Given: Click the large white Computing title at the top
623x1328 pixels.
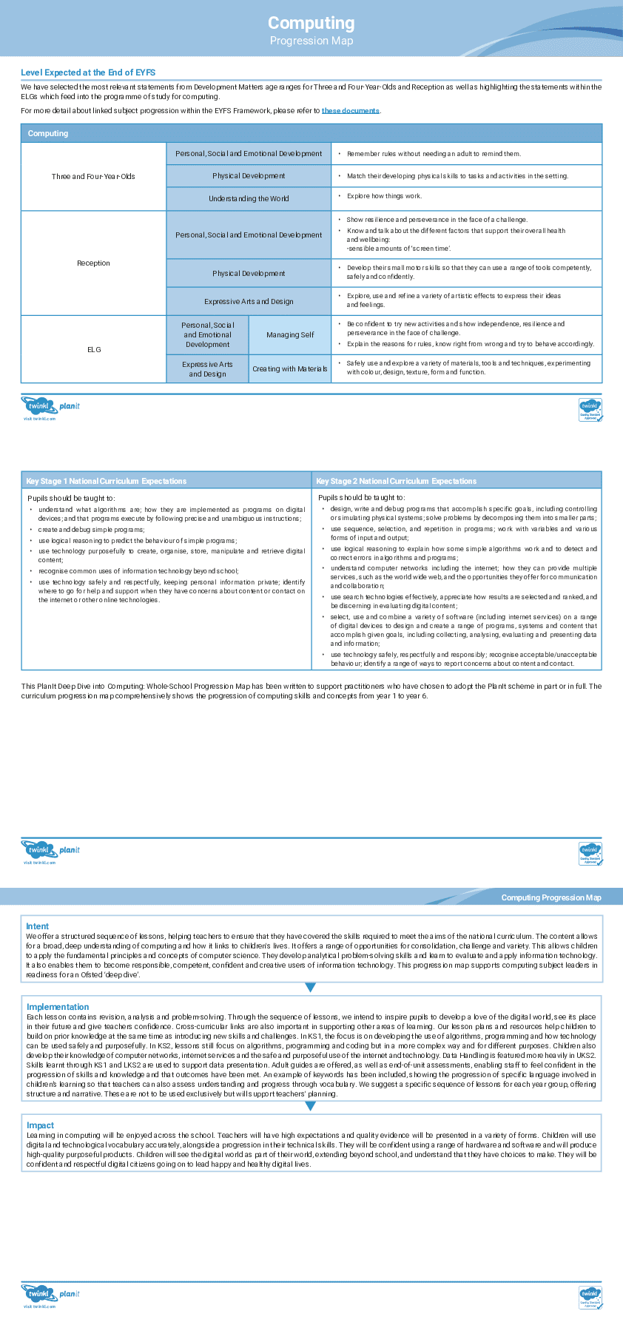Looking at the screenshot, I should pos(311,23).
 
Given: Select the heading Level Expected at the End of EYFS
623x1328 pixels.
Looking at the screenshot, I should pos(88,73).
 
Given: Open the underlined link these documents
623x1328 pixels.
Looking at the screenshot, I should pos(350,111).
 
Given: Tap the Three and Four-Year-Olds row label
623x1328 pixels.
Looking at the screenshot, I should pos(93,176).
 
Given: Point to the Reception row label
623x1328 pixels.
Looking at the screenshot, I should pos(93,263).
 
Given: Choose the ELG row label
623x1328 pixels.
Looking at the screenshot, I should pos(94,349).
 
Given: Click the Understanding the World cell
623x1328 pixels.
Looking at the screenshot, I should pos(249,198).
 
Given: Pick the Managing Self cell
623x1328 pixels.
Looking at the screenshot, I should pos(290,334).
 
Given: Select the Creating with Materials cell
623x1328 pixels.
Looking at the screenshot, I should pos(289,368).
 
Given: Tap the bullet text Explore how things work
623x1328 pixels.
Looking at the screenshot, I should pos(384,196).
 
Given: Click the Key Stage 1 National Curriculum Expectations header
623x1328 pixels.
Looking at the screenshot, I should pos(107,481).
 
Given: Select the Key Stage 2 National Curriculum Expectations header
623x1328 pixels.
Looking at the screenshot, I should pos(397,481).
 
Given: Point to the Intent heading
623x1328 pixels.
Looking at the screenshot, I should pos(37,926).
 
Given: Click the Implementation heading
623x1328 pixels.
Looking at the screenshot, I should pos(58,1007).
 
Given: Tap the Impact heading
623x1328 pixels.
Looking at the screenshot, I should pos(40,1125).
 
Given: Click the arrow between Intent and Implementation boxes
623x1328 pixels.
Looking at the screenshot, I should pos(311,987).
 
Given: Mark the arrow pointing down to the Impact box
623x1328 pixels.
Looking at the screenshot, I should pos(311,1106).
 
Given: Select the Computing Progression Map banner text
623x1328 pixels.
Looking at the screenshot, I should pos(551,897).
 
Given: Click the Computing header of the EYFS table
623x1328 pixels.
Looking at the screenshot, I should pos(48,133).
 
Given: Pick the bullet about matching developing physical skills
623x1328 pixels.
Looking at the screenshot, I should pos(457,176).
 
